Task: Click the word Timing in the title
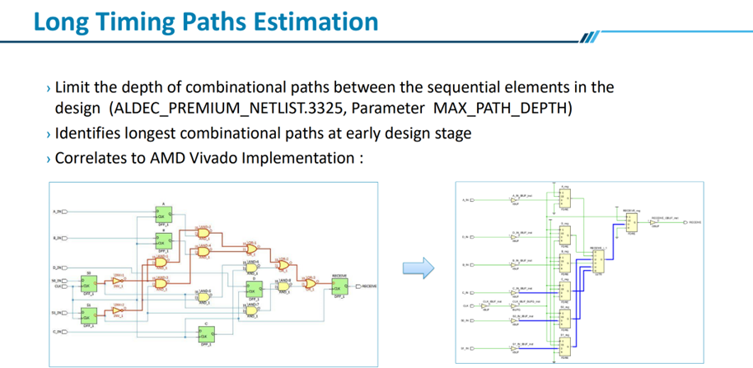[131, 21]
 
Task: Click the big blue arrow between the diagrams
[419, 268]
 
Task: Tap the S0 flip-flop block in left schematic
[88, 282]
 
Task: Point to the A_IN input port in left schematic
[59, 212]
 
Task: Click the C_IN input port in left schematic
[59, 332]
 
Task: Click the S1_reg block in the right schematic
[564, 347]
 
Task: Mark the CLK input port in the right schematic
[466, 306]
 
